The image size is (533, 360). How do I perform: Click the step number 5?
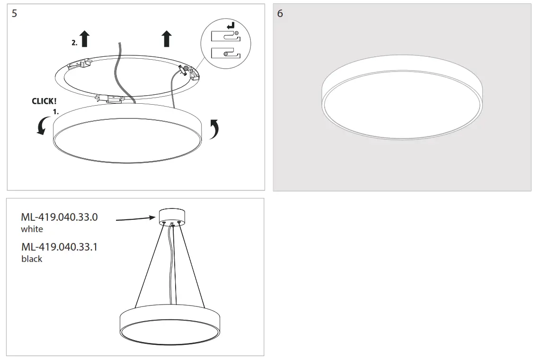pyautogui.click(x=14, y=13)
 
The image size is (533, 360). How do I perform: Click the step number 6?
pyautogui.click(x=280, y=13)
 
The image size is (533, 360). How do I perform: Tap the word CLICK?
pyautogui.click(x=44, y=101)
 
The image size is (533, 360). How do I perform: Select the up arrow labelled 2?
pyautogui.click(x=85, y=39)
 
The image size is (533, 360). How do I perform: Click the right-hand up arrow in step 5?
pyautogui.click(x=166, y=39)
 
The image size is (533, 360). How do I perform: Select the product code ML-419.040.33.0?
pyautogui.click(x=59, y=217)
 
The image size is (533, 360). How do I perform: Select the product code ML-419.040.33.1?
pyautogui.click(x=59, y=247)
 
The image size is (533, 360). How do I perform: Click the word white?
pyautogui.click(x=32, y=229)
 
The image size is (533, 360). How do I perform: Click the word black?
pyautogui.click(x=32, y=259)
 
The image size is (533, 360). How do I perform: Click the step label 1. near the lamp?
pyautogui.click(x=55, y=112)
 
